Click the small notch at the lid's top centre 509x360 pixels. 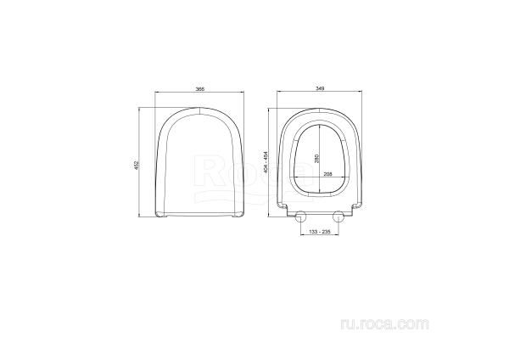(198, 110)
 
